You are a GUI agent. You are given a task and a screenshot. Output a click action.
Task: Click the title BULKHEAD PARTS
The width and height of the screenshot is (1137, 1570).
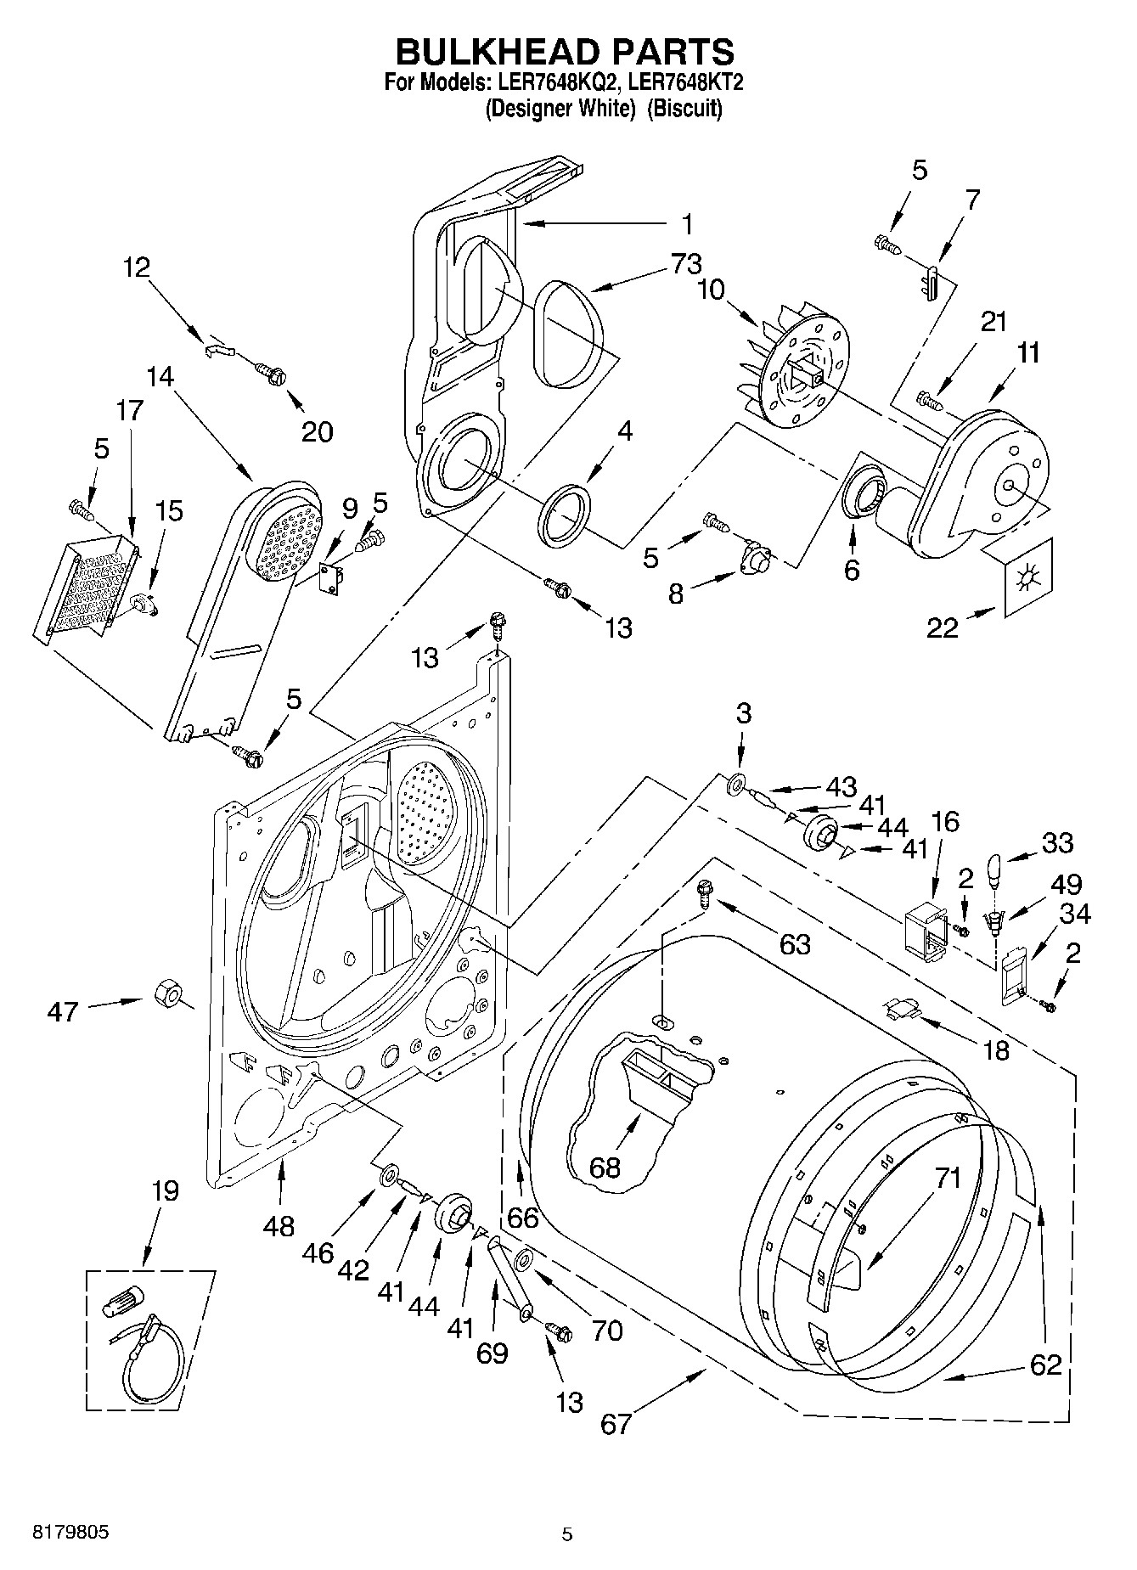566,52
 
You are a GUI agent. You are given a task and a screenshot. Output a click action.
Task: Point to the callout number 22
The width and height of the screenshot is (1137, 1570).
943,628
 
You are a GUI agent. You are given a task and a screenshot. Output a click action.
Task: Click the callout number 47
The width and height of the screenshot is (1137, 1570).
64,1011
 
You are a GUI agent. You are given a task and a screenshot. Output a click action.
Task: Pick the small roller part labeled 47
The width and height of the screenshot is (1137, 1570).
168,993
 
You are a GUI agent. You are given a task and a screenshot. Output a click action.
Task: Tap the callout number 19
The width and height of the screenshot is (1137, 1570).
166,1191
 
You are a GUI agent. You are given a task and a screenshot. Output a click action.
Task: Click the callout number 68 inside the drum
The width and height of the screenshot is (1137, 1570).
605,1167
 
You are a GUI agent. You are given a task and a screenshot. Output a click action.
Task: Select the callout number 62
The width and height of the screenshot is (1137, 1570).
1045,1365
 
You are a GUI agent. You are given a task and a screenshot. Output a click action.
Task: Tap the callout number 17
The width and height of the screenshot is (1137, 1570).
130,410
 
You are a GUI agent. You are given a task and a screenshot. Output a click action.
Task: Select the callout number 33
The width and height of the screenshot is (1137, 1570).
1057,843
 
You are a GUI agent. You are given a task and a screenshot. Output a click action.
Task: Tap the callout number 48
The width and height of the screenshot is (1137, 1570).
279,1225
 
